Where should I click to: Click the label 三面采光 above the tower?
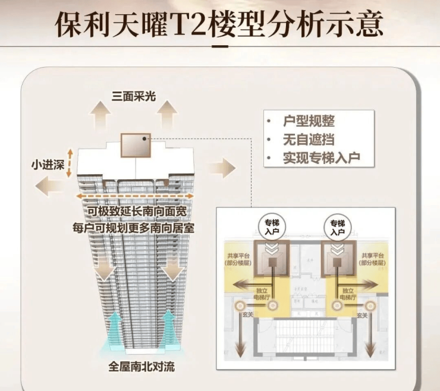click(x=134, y=96)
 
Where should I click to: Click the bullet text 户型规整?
click(x=309, y=121)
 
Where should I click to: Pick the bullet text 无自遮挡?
click(x=309, y=140)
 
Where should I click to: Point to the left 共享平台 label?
click(x=234, y=259)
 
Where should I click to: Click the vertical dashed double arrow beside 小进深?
click(x=71, y=163)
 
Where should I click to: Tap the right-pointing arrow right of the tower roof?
click(x=221, y=168)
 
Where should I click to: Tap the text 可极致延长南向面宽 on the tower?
click(x=137, y=213)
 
